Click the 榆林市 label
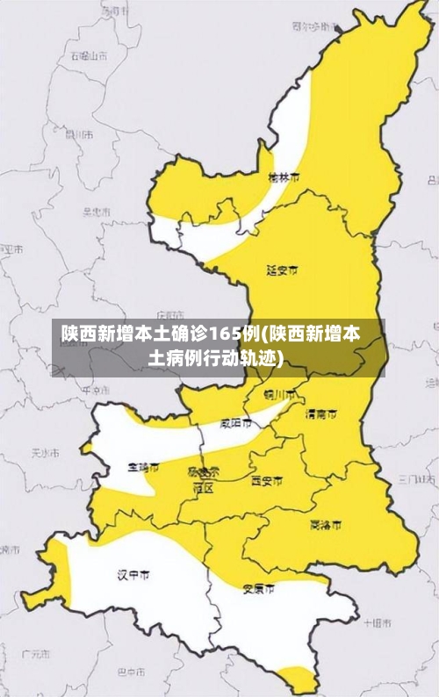pyautogui.click(x=283, y=176)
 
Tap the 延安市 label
pyautogui.click(x=282, y=269)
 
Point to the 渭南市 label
pyautogui.click(x=320, y=413)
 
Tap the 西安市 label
pyautogui.click(x=267, y=480)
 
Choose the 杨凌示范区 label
pyautogui.click(x=204, y=478)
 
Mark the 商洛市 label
pyautogui.click(x=326, y=525)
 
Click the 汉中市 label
pyautogui.click(x=133, y=575)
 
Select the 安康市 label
pyautogui.click(x=258, y=589)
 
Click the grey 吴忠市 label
pyautogui.click(x=96, y=212)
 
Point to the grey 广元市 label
pyautogui.click(x=36, y=654)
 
